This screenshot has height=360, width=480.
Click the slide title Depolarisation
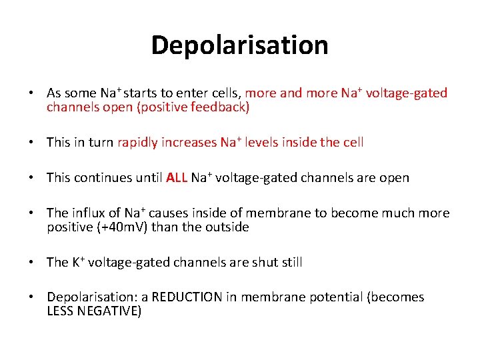pyautogui.click(x=239, y=45)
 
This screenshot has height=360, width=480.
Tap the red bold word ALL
pyautogui.click(x=177, y=178)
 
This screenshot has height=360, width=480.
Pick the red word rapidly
pyautogui.click(x=139, y=143)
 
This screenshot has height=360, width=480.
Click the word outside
pyautogui.click(x=227, y=227)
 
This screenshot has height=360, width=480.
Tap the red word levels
pyautogui.click(x=260, y=143)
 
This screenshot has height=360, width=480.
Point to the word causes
pyautogui.click(x=168, y=213)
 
